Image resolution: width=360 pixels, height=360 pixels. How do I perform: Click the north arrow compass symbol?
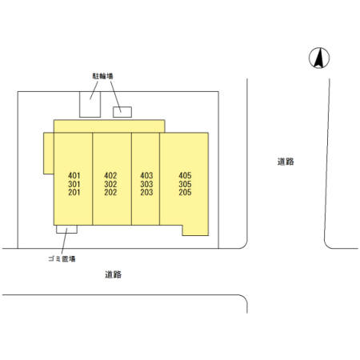[319, 58]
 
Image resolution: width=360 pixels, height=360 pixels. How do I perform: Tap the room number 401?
[74, 175]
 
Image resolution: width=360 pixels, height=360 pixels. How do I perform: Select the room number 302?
[110, 184]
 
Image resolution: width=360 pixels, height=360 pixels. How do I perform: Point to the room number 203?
[146, 192]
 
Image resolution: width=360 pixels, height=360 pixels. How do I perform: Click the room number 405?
[185, 175]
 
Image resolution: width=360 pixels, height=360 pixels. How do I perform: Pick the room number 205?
[185, 192]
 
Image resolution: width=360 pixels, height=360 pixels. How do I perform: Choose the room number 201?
[74, 192]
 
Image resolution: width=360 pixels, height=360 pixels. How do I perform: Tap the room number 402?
[110, 175]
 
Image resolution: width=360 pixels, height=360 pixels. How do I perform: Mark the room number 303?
[146, 184]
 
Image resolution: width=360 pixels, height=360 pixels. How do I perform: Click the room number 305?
[185, 184]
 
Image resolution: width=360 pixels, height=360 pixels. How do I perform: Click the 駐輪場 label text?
[102, 76]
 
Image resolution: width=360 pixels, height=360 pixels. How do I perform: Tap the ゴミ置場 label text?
[62, 258]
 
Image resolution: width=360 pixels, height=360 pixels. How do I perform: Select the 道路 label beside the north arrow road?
[286, 162]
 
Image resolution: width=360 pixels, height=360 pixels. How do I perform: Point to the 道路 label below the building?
[114, 274]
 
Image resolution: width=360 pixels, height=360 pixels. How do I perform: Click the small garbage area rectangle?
[66, 230]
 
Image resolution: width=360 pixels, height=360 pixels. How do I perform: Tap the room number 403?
[146, 175]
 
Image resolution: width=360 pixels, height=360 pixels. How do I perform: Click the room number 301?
[74, 184]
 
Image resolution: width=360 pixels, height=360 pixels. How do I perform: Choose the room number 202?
[110, 192]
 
